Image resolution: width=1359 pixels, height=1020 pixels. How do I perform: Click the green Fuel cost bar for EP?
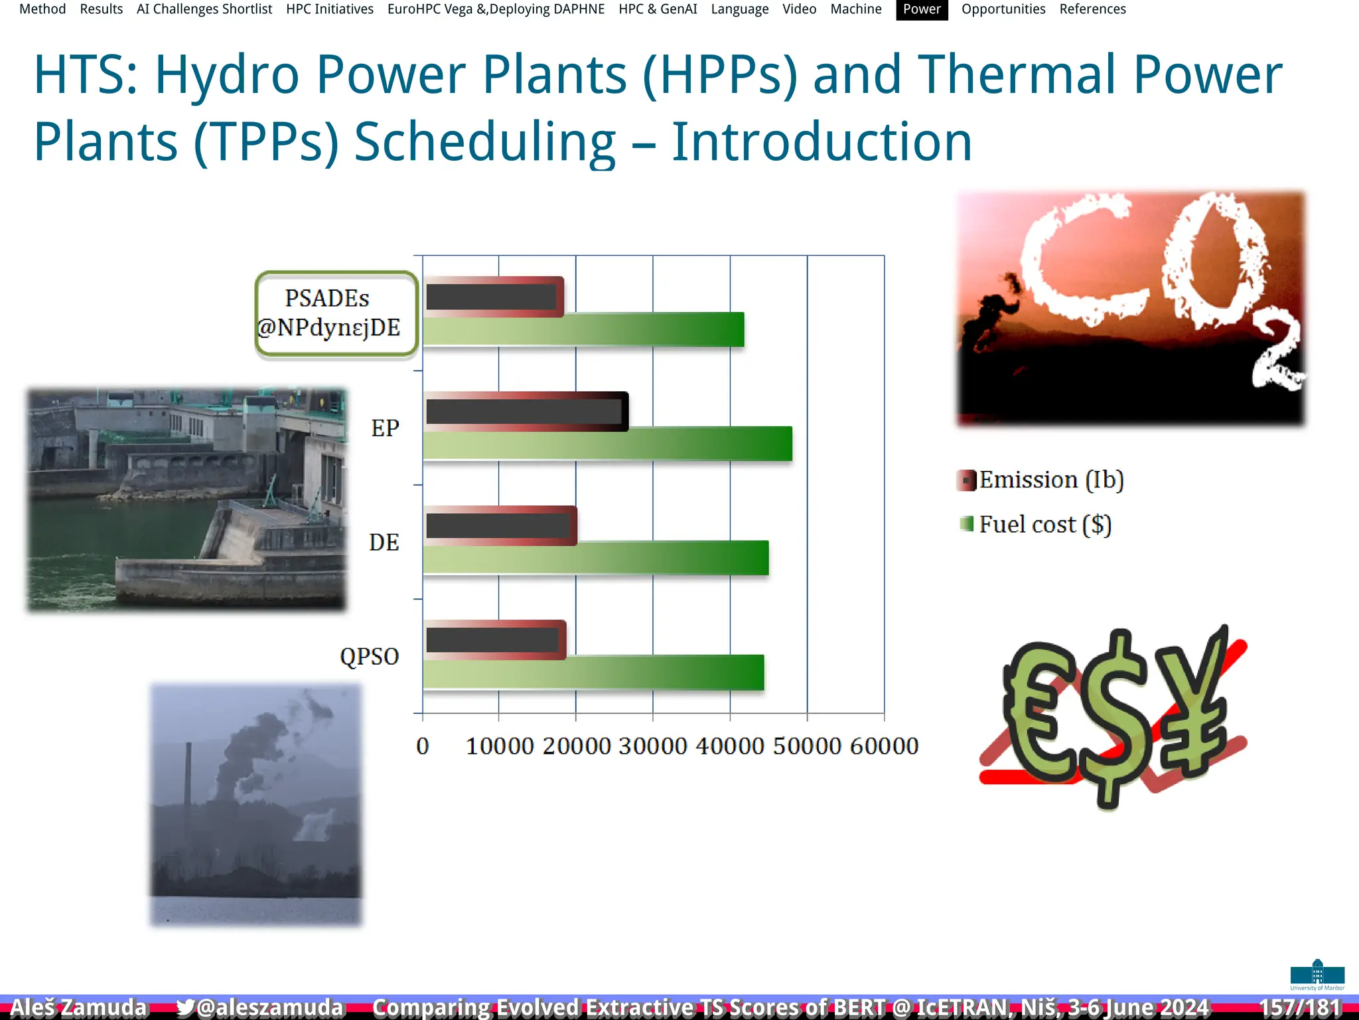coord(607,444)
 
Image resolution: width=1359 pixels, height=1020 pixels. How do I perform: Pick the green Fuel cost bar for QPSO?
coord(593,672)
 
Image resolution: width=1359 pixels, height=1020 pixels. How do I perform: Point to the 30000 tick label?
coord(652,746)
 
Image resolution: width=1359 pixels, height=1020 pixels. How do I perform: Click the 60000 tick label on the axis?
coord(884,746)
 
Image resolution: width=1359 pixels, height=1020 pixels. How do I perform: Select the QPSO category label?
coord(369,656)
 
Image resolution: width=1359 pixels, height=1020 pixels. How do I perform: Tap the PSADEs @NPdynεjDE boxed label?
coord(336,313)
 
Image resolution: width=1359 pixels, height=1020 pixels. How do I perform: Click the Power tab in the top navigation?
coord(921,9)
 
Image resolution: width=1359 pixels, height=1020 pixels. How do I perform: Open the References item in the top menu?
coord(1092,9)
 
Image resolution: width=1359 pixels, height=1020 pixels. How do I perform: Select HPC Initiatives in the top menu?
coord(330,9)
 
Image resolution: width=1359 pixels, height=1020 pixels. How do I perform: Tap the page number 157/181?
coord(1300,1007)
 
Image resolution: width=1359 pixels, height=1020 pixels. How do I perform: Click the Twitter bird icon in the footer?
coord(185,1007)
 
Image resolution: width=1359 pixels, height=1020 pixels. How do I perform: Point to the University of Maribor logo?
coord(1317,975)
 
